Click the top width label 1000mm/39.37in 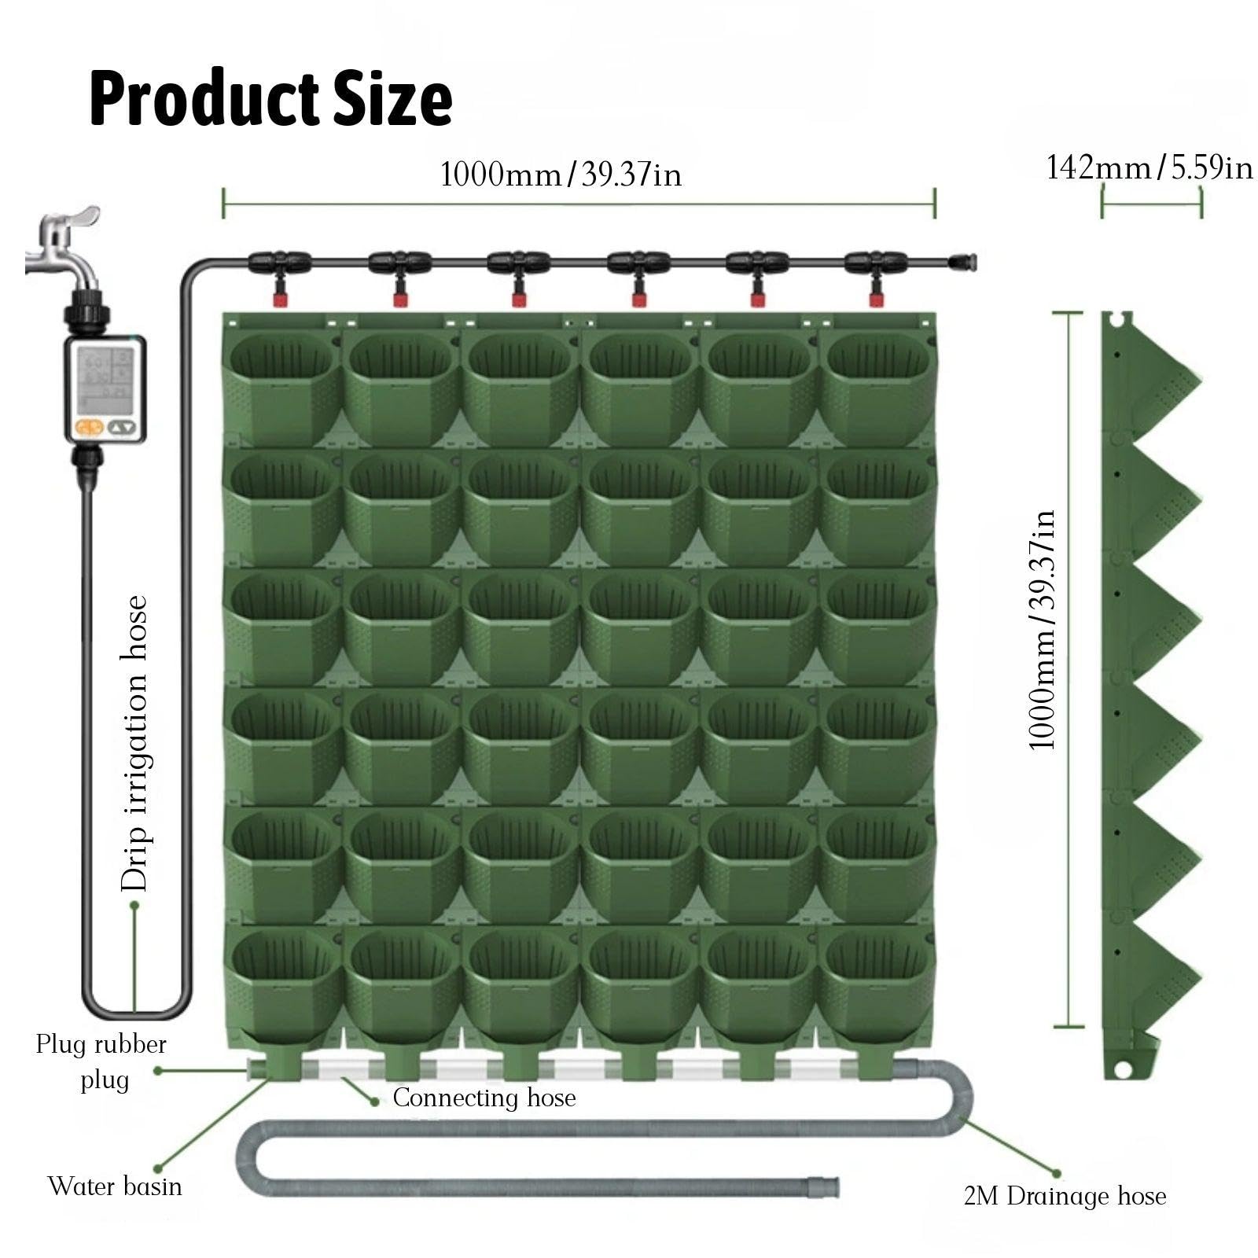pyautogui.click(x=561, y=174)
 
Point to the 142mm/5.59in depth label pyautogui.click(x=1149, y=167)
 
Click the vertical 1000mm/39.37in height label pyautogui.click(x=1042, y=630)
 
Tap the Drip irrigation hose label pyautogui.click(x=134, y=743)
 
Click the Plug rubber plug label pyautogui.click(x=101, y=1061)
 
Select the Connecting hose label pyautogui.click(x=484, y=1098)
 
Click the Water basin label pyautogui.click(x=115, y=1186)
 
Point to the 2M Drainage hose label pyautogui.click(x=1065, y=1196)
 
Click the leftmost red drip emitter pyautogui.click(x=279, y=298)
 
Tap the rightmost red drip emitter pyautogui.click(x=876, y=298)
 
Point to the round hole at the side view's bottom pyautogui.click(x=1122, y=1069)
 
